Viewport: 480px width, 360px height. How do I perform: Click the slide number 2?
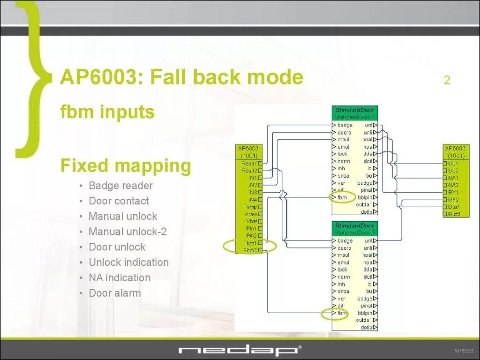pyautogui.click(x=447, y=80)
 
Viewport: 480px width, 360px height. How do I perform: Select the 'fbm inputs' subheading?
pyautogui.click(x=107, y=112)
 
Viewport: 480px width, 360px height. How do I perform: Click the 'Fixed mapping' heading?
pyautogui.click(x=126, y=165)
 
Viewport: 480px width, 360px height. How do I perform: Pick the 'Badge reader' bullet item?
pyautogui.click(x=120, y=186)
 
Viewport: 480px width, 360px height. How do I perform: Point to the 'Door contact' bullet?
pyautogui.click(x=119, y=201)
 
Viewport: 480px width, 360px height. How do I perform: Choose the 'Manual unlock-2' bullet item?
pyautogui.click(x=127, y=232)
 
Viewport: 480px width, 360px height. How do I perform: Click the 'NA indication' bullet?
pyautogui.click(x=120, y=277)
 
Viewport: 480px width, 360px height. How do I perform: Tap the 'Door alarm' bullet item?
pyautogui.click(x=115, y=293)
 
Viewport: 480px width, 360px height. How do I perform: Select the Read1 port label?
pyautogui.click(x=249, y=164)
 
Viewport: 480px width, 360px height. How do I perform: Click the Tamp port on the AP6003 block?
pyautogui.click(x=250, y=207)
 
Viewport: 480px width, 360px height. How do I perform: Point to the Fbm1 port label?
pyautogui.click(x=249, y=243)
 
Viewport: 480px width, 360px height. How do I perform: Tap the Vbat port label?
pyautogui.click(x=250, y=221)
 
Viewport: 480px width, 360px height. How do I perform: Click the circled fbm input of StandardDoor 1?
pyautogui.click(x=342, y=197)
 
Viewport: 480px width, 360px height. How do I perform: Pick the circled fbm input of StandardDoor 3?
pyautogui.click(x=342, y=313)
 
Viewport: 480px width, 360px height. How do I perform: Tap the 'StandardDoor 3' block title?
pyautogui.click(x=355, y=232)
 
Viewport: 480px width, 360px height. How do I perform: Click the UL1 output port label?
pyautogui.click(x=453, y=164)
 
